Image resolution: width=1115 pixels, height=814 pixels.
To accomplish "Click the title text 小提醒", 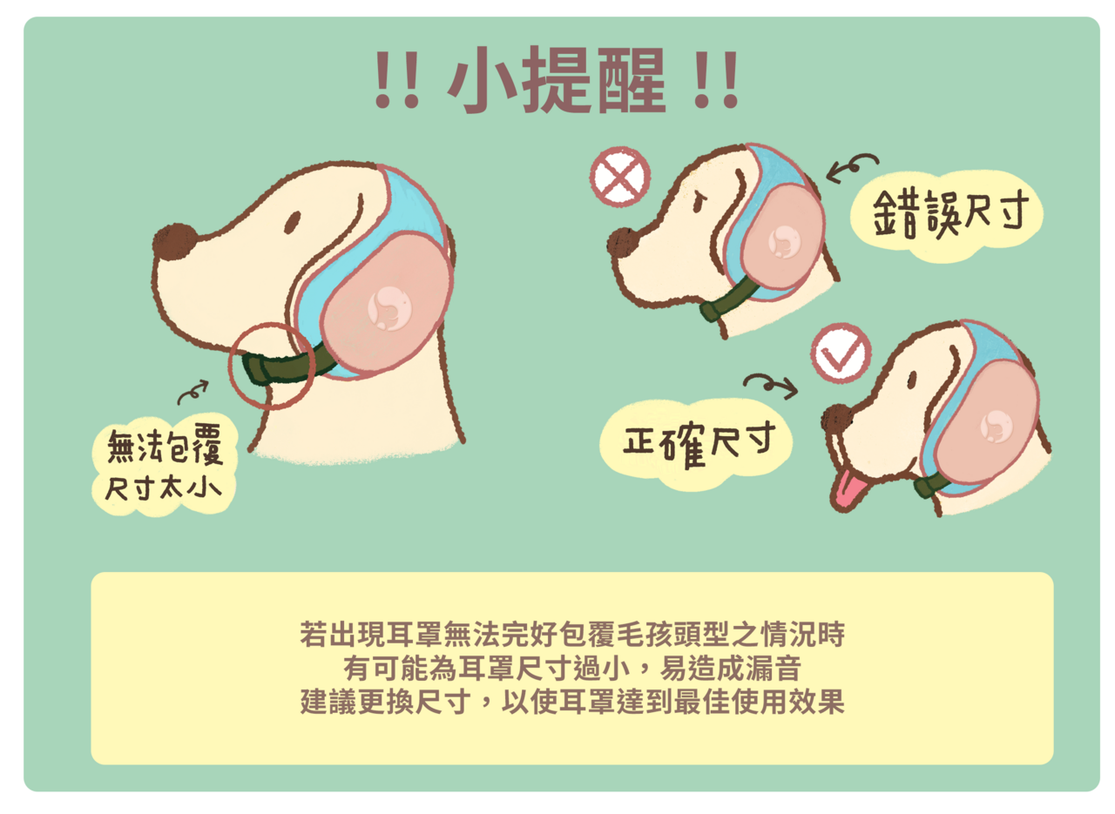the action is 557,79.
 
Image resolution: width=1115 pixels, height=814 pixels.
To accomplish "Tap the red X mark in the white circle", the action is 619,177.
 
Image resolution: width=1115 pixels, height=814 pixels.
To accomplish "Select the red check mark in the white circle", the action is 841,354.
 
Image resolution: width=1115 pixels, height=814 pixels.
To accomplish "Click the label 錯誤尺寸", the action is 950,214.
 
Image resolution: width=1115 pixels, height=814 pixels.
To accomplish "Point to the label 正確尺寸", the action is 699,443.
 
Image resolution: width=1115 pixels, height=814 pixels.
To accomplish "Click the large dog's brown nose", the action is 174,241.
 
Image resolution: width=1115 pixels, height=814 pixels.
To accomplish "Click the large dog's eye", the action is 294,222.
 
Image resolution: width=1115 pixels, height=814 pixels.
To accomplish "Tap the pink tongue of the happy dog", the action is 848,489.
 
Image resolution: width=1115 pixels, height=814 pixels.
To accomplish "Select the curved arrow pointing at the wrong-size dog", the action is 852,168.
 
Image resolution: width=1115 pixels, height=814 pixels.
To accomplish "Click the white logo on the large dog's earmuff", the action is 389,308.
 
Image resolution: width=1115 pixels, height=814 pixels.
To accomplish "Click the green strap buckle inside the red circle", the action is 255,368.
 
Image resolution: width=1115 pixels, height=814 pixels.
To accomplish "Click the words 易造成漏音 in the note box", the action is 730,669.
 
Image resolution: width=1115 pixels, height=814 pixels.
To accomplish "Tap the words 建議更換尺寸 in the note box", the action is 385,702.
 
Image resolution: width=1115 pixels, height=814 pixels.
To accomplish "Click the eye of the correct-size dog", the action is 912,380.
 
